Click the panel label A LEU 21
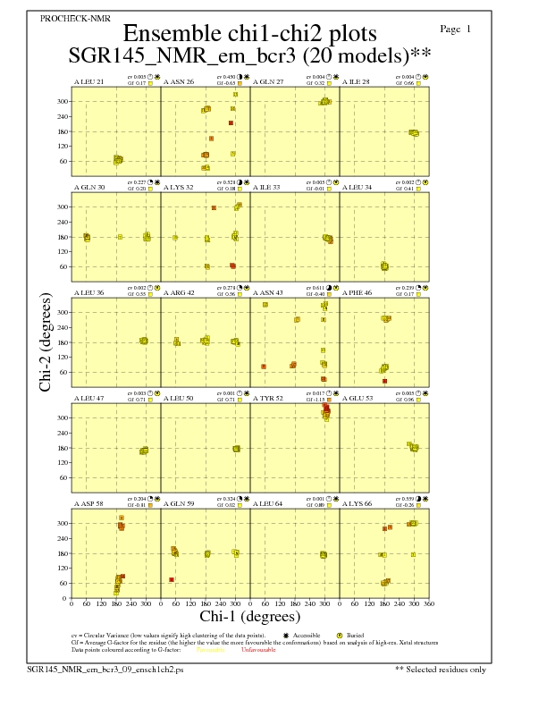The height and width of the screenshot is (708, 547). (88, 82)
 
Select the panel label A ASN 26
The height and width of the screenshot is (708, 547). (179, 82)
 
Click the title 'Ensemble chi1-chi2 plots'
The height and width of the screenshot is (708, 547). (250, 34)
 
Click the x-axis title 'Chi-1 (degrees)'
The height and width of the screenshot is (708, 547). (250, 617)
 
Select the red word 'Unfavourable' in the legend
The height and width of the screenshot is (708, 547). (257, 650)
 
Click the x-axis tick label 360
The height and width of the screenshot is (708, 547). (429, 604)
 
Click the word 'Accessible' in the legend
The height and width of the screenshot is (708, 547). (307, 636)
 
